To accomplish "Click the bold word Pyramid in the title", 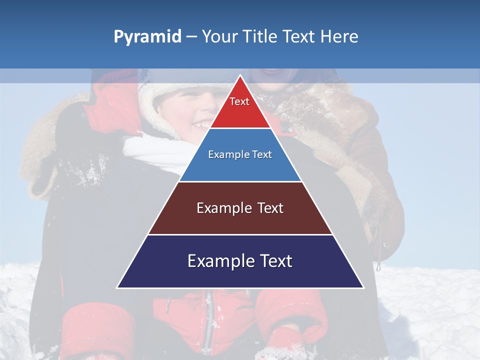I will pos(147,36).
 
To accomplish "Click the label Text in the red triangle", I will pos(239,101).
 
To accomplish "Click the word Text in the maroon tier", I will pos(266,208).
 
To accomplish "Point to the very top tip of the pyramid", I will pos(240,76).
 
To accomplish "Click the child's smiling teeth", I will pos(202,123).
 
